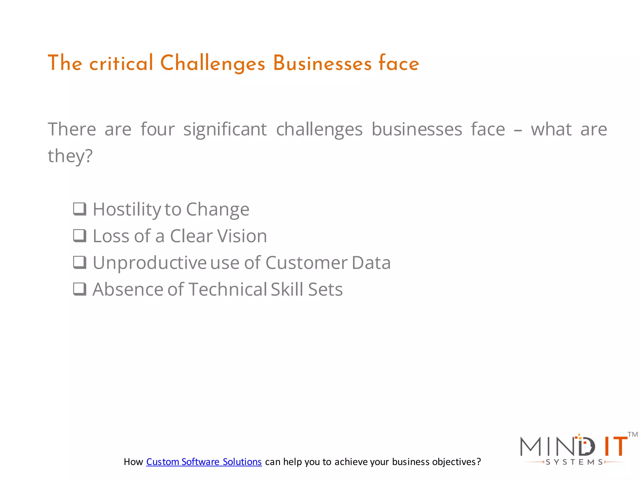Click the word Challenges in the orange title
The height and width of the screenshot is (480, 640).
coord(212,63)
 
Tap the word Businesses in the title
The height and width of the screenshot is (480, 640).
coord(322,63)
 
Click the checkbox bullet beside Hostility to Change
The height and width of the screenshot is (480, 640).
coord(80,209)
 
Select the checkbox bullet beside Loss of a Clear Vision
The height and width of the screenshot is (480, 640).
coord(80,236)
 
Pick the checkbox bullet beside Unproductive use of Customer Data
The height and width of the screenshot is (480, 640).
coord(80,262)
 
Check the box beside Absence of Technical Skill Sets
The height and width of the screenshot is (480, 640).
coord(80,289)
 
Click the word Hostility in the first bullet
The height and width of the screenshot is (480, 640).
coord(127,209)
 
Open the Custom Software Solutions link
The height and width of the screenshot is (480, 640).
coord(204,462)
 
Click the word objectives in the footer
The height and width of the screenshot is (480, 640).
coord(454,462)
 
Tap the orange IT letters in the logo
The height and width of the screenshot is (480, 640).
coord(615,447)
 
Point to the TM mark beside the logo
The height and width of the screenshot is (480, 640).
coord(632,434)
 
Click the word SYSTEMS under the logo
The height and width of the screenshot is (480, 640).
coord(574,462)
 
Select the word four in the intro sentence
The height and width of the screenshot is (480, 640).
coord(157,129)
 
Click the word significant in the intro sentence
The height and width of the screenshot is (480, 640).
coord(225,129)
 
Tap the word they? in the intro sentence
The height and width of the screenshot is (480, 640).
coord(70,156)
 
